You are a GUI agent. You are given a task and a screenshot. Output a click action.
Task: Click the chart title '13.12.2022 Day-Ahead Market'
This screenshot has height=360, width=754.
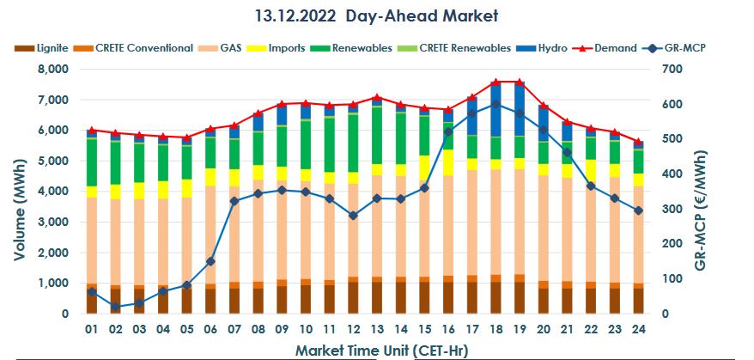pos(376,15)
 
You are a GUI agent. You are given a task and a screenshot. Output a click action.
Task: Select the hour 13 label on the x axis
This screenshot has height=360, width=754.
pos(376,330)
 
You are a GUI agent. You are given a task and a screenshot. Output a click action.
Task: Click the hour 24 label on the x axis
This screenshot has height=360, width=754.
pos(638,330)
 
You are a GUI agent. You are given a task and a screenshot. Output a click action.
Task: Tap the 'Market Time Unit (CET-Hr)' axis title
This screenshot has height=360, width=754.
pos(378,350)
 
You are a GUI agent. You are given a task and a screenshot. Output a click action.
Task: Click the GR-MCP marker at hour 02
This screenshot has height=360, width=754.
pos(115,307)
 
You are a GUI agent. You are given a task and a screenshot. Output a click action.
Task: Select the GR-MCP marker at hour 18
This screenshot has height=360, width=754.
pos(496,104)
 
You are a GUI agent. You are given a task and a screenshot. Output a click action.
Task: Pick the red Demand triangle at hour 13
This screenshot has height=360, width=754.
pos(376,97)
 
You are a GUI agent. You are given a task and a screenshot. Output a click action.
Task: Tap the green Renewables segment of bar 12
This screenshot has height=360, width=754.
pos(353,143)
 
